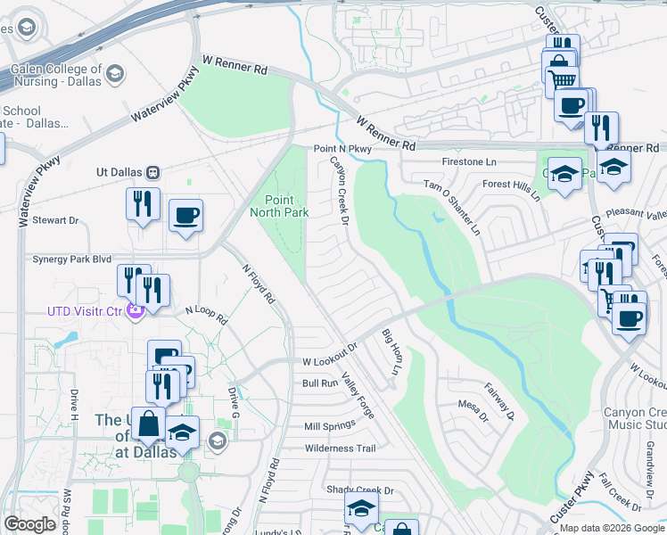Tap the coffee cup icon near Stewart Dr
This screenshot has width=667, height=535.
pyautogui.click(x=185, y=215)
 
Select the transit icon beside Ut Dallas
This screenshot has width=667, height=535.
pyautogui.click(x=153, y=171)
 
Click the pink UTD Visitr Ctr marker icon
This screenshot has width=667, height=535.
pyautogui.click(x=135, y=311)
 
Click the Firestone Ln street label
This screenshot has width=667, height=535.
pyautogui.click(x=469, y=162)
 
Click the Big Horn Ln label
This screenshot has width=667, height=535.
pyautogui.click(x=390, y=351)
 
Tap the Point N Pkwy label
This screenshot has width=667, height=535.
pyautogui.click(x=341, y=150)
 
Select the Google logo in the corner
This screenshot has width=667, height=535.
pyautogui.click(x=30, y=524)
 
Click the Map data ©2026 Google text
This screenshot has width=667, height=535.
pyautogui.click(x=612, y=528)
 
